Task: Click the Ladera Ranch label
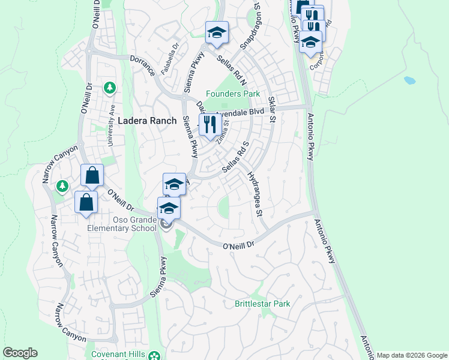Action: (x=147, y=120)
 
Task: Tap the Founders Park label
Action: (x=234, y=94)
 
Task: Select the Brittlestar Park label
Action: (x=262, y=304)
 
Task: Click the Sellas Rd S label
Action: (x=235, y=157)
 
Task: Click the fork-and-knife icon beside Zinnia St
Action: (x=209, y=125)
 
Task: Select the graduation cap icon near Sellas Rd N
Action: (x=217, y=32)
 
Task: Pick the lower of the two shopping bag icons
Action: (x=86, y=202)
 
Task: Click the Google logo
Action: (x=20, y=353)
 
